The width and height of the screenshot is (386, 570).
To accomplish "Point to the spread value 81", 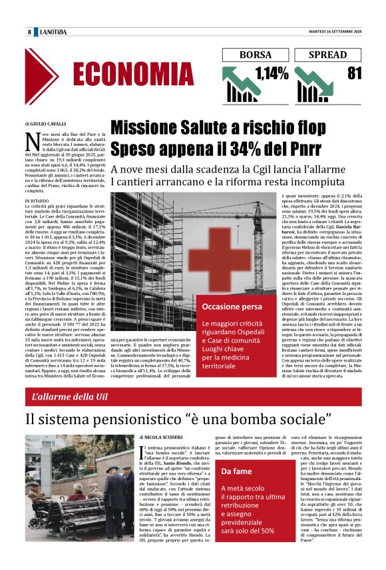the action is pos(354,74).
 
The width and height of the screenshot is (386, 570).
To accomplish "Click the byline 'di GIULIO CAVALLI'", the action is pos(45,125).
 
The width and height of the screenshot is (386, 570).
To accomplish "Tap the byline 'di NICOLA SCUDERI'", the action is pos(162,438).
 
